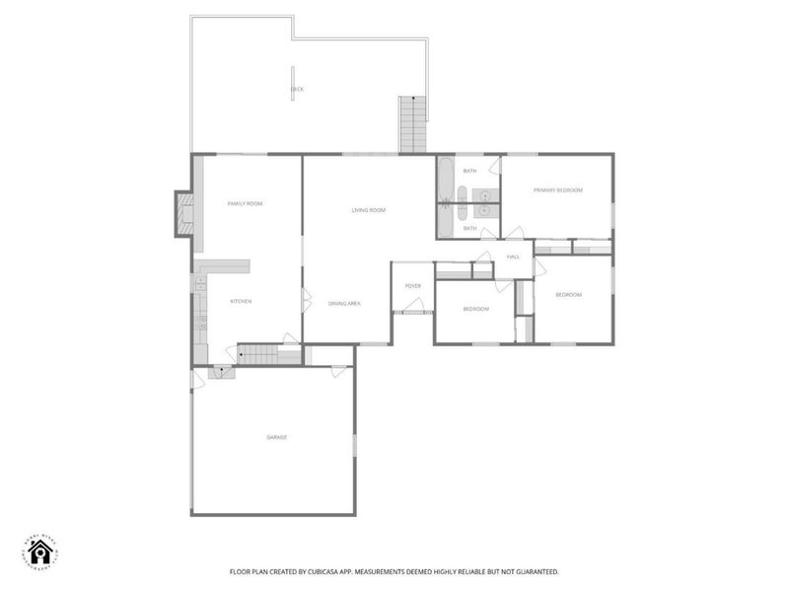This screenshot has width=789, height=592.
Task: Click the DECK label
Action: click(x=297, y=90)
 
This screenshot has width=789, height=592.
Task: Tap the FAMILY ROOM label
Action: click(x=246, y=203)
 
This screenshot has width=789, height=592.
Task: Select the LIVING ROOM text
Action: click(x=369, y=210)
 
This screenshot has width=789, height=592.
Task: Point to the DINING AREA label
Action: click(x=344, y=303)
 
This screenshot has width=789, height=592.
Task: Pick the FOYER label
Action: click(x=413, y=286)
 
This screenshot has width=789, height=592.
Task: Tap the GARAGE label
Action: click(x=276, y=437)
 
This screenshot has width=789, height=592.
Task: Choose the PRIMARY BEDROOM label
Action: click(x=558, y=189)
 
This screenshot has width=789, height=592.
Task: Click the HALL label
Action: click(x=513, y=258)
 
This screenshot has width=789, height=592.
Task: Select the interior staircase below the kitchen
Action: click(x=261, y=353)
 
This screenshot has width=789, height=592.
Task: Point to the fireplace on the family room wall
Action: click(x=184, y=213)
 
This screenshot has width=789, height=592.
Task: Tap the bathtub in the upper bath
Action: click(x=446, y=180)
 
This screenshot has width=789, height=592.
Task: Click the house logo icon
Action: click(x=40, y=551)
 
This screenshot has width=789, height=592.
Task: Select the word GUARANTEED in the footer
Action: click(x=534, y=571)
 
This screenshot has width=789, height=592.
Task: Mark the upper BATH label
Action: click(x=470, y=172)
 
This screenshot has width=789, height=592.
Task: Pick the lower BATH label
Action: click(x=470, y=229)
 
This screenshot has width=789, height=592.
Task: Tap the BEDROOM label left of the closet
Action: click(x=476, y=309)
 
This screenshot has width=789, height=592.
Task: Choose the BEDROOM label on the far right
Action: click(x=568, y=295)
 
